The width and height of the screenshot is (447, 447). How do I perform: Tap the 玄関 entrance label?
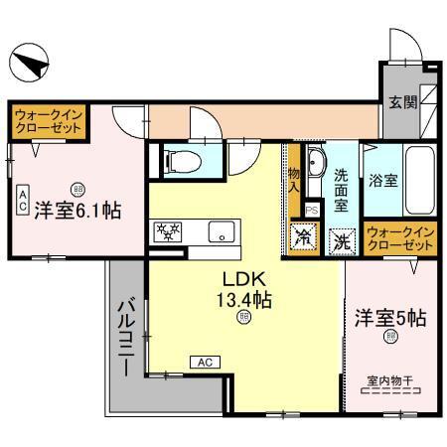[402, 102]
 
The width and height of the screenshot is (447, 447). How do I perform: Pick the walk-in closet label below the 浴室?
[401, 239]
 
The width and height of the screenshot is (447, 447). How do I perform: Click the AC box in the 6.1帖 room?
[21, 201]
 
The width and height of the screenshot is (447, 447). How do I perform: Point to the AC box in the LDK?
[204, 363]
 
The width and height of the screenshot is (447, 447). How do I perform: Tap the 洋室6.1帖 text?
[78, 211]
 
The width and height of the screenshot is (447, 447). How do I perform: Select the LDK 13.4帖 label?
[241, 289]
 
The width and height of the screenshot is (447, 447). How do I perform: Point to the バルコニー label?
[127, 338]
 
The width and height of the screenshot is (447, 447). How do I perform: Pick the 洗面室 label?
[339, 186]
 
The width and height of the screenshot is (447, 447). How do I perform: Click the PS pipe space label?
[312, 211]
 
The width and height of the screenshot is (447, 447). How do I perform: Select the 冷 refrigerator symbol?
[302, 238]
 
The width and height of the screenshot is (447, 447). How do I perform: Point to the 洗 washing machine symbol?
[340, 239]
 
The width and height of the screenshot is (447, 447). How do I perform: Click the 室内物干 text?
[388, 378]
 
